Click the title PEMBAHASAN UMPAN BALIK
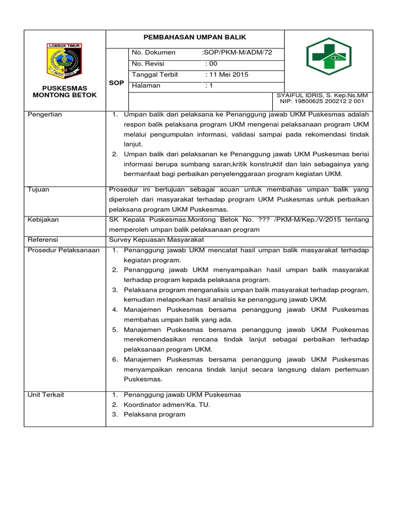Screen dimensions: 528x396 tap(195, 38)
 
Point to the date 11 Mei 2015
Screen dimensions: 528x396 tap(227, 75)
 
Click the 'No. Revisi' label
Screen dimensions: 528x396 tap(149, 63)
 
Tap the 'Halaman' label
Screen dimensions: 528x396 tap(146, 86)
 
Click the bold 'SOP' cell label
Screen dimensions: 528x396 tap(117, 82)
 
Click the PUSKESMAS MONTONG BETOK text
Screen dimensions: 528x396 tap(64, 92)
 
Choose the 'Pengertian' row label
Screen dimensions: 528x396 tap(45, 114)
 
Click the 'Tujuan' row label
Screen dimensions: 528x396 tap(39, 190)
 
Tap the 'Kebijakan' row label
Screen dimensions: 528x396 tap(43, 220)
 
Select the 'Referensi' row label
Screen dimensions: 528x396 tap(43, 240)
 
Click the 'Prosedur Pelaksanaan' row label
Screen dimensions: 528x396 tap(63, 250)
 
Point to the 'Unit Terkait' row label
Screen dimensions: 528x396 tap(46, 395)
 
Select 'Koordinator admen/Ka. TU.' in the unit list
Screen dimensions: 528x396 tap(167, 405)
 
